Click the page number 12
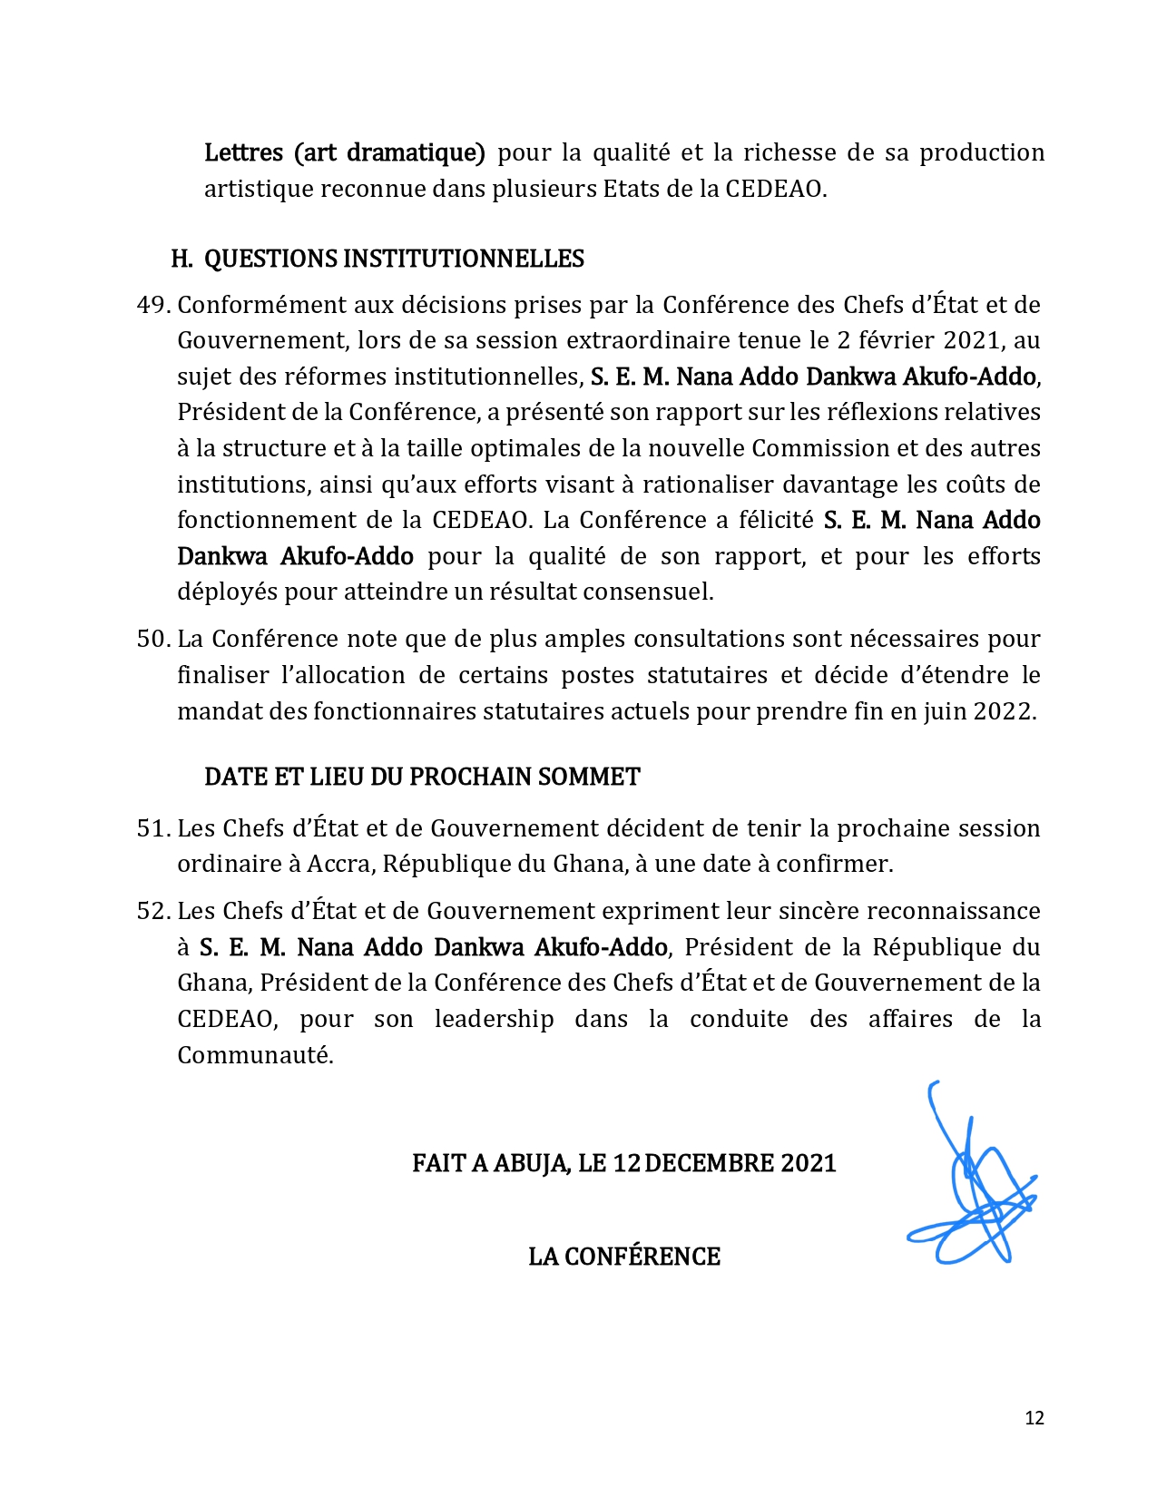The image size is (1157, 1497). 1034,1418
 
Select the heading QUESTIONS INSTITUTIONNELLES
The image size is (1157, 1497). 394,259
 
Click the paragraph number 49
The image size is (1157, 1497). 152,305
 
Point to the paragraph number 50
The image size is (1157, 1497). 152,639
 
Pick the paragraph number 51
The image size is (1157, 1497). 152,828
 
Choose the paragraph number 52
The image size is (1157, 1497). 152,911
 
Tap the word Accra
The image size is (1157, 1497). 338,864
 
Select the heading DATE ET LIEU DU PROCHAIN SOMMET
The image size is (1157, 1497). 422,778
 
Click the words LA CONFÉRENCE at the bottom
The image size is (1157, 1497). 624,1257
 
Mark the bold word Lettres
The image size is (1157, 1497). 243,152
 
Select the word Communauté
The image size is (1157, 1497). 255,1055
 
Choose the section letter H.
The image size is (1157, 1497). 181,259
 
